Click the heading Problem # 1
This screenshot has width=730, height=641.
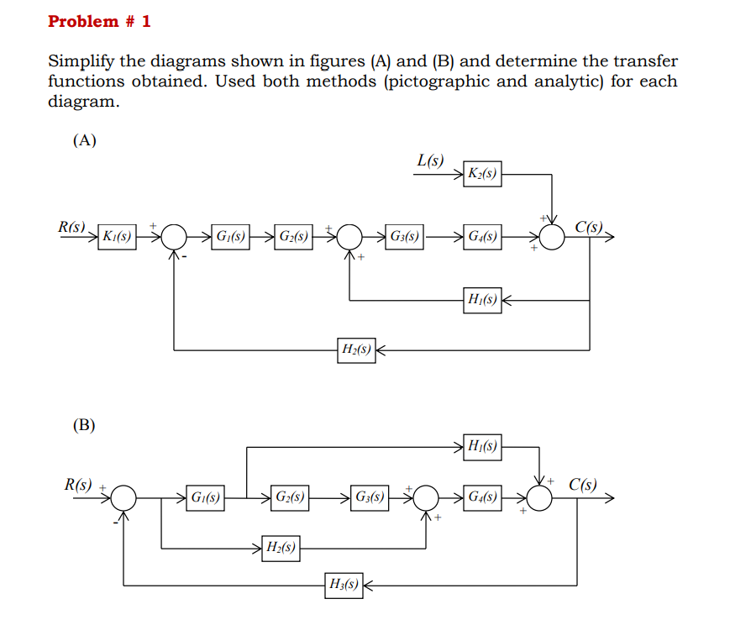coord(99,22)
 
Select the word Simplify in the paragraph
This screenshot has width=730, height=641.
coord(81,61)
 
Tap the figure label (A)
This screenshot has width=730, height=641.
coord(84,140)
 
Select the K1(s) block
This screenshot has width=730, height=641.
coord(117,237)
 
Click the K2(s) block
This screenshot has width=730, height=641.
coord(482,175)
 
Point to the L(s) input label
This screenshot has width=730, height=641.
coord(431,160)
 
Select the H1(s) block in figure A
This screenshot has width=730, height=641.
coord(482,299)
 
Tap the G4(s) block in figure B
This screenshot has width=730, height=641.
coord(482,497)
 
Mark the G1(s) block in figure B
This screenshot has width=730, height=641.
coord(204,497)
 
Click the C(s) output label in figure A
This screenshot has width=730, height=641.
coord(590,226)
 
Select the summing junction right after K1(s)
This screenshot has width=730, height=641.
coord(174,237)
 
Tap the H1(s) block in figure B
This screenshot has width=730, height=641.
coord(482,447)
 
